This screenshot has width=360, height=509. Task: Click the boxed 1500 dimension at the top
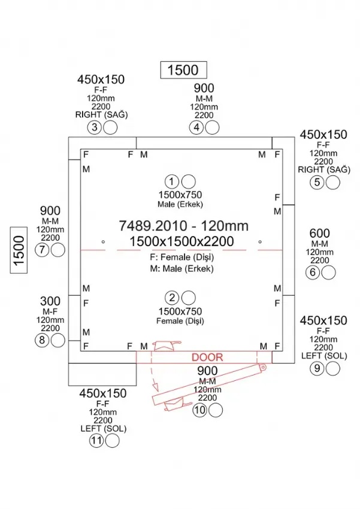pos(183,70)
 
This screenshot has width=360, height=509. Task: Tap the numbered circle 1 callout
pos(173,181)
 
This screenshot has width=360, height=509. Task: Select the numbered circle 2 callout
pos(173,298)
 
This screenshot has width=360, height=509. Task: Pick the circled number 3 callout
pos(94,127)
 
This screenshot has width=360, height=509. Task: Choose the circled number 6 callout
pos(312,273)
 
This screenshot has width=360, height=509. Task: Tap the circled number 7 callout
pos(41,251)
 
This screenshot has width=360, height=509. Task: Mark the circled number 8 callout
pos(41,340)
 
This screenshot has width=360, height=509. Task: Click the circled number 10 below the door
pos(200,410)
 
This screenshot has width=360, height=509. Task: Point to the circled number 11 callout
pos(96,441)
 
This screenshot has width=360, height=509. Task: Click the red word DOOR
pos(207,357)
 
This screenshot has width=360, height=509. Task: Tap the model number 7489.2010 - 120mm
pos(183,226)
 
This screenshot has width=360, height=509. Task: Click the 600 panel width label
pos(320,233)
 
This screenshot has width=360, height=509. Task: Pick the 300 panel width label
pos(50,300)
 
